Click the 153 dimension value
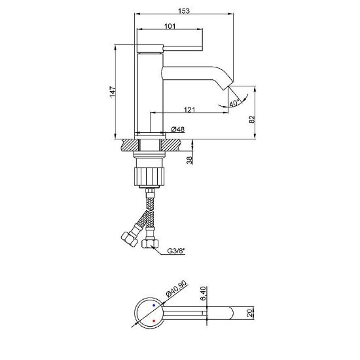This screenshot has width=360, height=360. tap(184, 10)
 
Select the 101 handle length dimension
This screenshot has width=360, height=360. tap(170, 26)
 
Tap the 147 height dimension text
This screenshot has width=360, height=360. tap(113, 92)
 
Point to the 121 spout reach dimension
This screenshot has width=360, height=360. tap(189, 110)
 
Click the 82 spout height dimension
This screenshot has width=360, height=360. tap(252, 119)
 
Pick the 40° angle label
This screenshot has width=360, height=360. tap(234, 103)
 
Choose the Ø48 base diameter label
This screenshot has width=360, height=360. tap(178, 129)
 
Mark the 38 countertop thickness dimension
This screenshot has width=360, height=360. tap(189, 160)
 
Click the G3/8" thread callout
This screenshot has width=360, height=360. tap(176, 251)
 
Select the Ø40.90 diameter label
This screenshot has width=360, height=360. tap(176, 289)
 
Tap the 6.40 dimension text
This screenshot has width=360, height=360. tap(203, 294)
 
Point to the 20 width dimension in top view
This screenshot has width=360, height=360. tap(249, 313)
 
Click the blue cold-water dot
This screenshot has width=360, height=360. tap(154, 306)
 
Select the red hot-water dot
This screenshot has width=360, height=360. tap(154, 321)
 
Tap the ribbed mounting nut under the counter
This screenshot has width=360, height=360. tap(149, 176)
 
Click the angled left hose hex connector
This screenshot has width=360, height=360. tap(129, 239)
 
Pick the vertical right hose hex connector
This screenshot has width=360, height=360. tap(150, 244)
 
